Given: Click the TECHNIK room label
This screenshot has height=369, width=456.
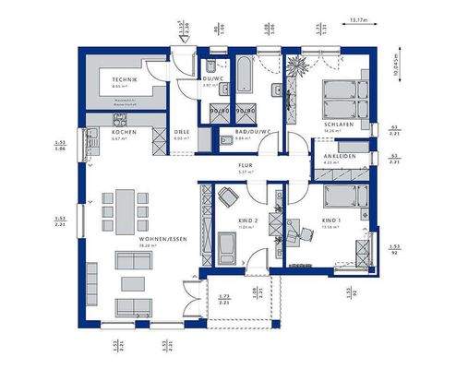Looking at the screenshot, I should click(x=126, y=80).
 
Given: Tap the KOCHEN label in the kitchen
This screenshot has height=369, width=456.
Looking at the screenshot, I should click(x=125, y=132).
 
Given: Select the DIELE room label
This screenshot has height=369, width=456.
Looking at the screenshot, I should click(x=183, y=132).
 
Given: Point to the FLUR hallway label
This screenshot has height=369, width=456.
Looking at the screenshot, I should click(x=246, y=166).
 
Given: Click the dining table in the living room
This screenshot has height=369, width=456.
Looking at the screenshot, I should click(x=124, y=207).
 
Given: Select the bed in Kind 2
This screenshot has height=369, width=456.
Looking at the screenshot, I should click(x=225, y=247).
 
